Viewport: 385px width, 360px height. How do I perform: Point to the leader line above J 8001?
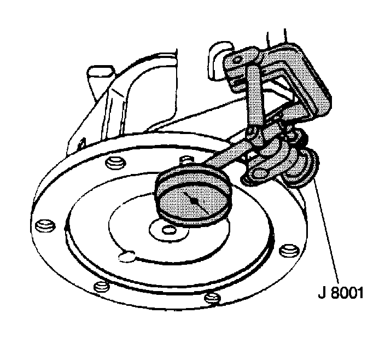click(x=328, y=230)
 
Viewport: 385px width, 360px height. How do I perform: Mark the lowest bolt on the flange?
click(x=213, y=298)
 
